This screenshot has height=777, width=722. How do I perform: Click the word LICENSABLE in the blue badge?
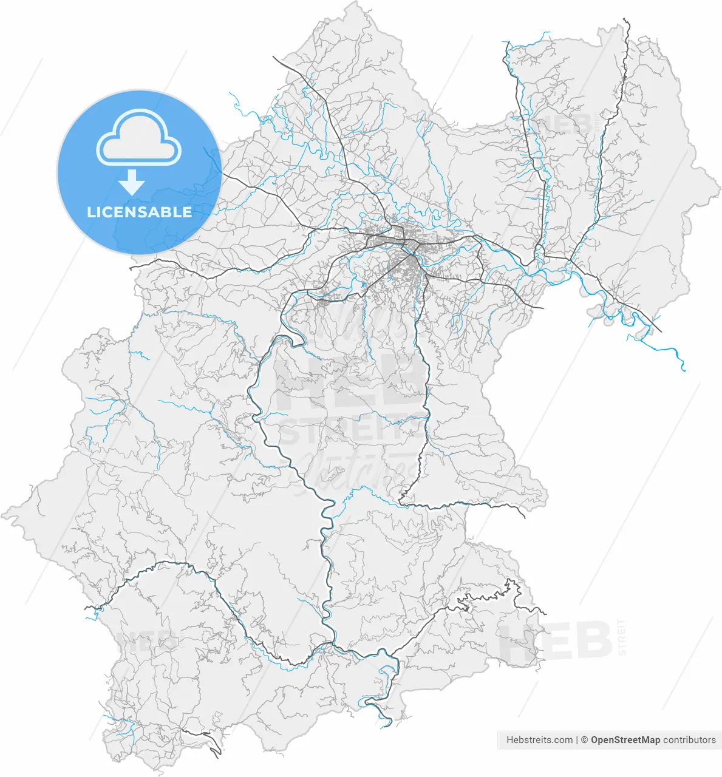click(139, 212)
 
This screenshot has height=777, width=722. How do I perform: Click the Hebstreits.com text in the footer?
click(539, 740)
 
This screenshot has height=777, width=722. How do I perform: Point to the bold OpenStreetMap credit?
click(625, 740)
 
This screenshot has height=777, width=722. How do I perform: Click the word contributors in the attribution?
click(689, 740)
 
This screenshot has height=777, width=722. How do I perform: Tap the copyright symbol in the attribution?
click(584, 740)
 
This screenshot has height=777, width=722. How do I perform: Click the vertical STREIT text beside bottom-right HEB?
click(621, 637)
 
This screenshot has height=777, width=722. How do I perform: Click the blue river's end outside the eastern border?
click(684, 369)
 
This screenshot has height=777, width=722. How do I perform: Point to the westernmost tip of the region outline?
click(3, 515)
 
